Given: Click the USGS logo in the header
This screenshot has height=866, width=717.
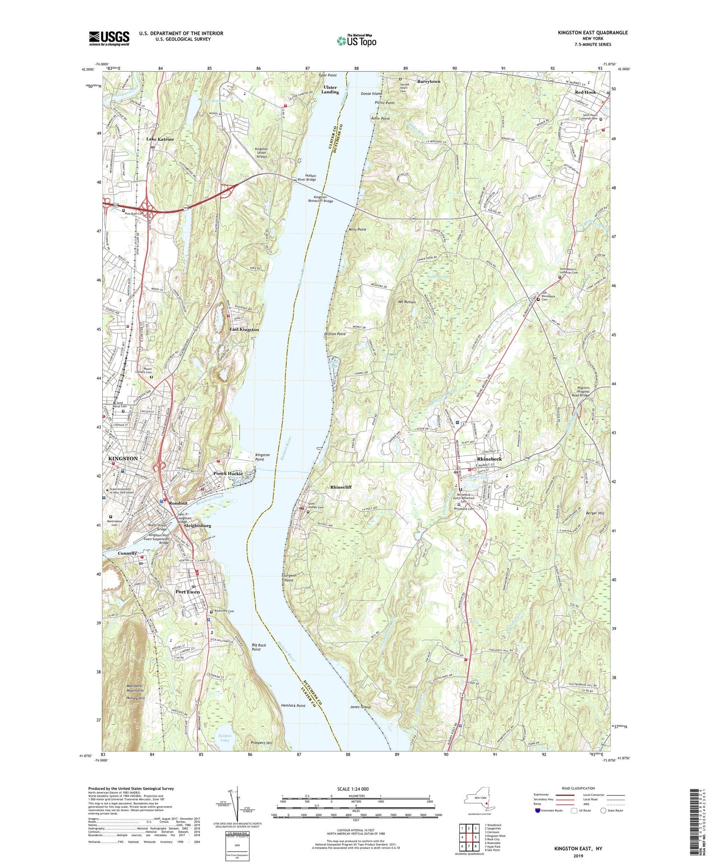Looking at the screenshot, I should pos(109,38).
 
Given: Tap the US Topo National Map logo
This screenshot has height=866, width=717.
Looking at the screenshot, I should pos(356,41).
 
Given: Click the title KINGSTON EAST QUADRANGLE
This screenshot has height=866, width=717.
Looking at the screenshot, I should pos(593,32).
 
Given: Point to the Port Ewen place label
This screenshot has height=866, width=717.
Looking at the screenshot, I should pos(187,592).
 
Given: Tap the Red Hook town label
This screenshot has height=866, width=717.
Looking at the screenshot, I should pos(585,92).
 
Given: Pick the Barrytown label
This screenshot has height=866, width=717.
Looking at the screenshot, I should pos(429,82).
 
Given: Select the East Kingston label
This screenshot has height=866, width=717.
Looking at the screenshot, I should pos(244,330).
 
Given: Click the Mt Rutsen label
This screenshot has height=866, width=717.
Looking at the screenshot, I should pos(406,302).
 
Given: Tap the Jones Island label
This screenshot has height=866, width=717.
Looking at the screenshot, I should pos(360,707).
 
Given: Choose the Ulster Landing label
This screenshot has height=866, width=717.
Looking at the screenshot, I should pos(330,89).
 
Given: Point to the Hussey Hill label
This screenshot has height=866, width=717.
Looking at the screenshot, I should pos(135,698).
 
